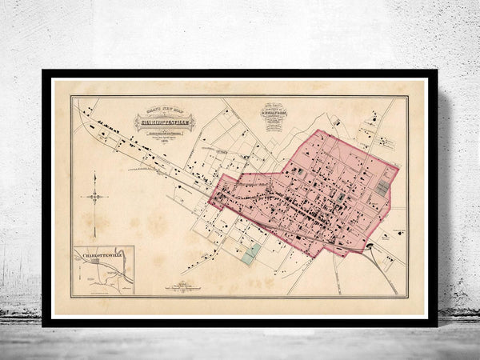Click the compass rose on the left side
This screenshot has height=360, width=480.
(94, 197)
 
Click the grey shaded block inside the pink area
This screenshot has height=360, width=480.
(382, 188)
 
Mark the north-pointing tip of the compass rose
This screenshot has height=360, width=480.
(94, 173)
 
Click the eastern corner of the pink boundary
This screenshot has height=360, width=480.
(398, 167)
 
